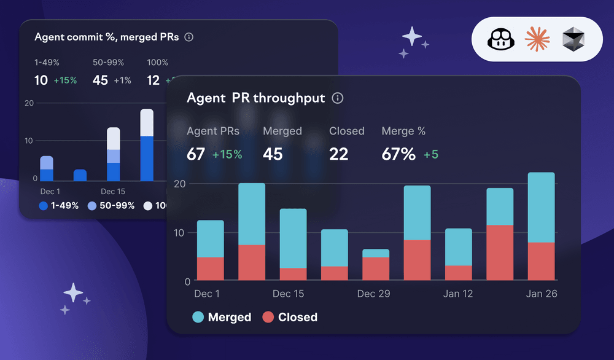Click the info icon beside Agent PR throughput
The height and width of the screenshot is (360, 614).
pos(338,98)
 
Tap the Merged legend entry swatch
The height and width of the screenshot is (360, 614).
pos(198,317)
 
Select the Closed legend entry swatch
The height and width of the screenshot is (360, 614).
pos(268,317)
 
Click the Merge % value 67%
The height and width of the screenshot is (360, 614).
pos(398,154)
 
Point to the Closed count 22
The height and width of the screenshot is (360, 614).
pos(338,154)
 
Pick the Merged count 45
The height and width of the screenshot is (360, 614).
pos(273,154)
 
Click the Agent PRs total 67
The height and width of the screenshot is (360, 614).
pos(196,154)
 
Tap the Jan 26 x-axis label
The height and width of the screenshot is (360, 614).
pos(542,294)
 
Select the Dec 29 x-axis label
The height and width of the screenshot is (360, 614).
pos(374,294)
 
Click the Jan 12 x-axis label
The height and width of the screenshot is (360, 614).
pos(458,294)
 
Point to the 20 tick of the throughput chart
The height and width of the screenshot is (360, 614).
pos(180,184)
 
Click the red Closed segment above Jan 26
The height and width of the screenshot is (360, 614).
pos(541,261)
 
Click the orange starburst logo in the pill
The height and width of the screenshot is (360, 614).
pos(537,40)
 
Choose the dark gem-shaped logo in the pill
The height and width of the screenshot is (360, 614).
pos(573,40)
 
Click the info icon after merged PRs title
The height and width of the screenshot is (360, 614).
pos(189,37)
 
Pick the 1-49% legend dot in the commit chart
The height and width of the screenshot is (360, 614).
pos(43,206)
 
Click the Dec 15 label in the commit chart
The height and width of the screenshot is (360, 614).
pos(113,192)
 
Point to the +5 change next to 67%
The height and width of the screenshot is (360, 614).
pos(431,155)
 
